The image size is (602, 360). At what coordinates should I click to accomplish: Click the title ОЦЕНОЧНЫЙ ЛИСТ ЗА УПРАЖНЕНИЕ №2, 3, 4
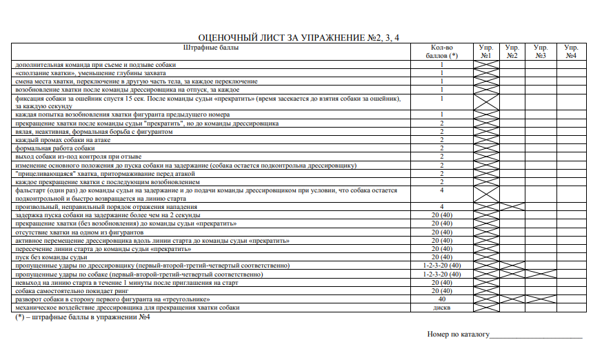coord(299,37)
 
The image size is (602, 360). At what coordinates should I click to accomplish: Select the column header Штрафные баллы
coord(211,48)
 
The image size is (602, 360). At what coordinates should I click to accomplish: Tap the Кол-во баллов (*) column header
coord(441,52)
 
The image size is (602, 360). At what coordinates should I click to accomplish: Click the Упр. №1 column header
coord(485,52)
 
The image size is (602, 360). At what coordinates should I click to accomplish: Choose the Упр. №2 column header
coord(512,52)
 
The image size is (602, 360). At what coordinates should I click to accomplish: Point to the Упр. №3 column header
coord(540,52)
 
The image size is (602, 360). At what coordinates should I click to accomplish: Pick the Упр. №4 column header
coord(570,52)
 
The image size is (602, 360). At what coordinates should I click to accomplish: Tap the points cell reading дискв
coord(441,308)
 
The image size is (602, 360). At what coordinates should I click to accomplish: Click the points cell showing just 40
coord(441,300)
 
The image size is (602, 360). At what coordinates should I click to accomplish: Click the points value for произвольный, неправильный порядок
coord(441,207)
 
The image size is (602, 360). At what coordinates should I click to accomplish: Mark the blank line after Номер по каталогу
coord(536,336)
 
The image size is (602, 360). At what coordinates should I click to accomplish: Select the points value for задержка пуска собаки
coord(441,215)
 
